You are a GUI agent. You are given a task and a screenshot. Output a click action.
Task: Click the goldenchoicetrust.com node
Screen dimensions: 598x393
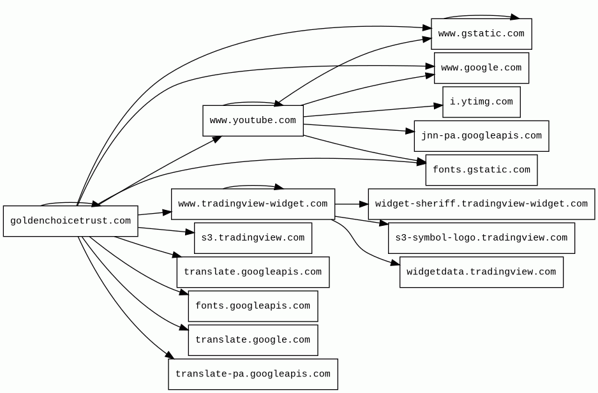71,221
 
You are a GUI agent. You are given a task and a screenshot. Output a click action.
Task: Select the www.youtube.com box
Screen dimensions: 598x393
253,121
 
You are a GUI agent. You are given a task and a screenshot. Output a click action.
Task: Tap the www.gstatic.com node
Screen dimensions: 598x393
481,34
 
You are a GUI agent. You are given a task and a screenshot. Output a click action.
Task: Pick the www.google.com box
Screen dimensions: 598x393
481,68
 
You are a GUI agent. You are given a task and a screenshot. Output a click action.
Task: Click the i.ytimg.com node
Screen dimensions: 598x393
481,102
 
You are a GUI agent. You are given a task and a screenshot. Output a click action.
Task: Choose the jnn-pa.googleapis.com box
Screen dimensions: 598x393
481,136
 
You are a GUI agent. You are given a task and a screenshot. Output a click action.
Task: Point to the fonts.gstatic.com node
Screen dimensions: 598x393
481,170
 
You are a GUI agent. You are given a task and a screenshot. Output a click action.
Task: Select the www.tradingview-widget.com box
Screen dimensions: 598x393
253,204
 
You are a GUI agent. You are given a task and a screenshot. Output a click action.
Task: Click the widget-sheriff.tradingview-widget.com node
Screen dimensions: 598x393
481,204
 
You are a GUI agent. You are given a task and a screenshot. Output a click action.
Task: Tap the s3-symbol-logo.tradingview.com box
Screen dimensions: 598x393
481,238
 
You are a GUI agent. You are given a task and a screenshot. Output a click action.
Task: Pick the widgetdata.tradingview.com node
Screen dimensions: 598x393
481,272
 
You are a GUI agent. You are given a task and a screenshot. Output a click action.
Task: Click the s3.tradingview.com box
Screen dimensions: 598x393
253,238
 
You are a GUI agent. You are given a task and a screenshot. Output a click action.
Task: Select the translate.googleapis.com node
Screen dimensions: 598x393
253,272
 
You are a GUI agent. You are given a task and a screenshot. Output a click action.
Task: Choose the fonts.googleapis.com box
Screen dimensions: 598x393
253,306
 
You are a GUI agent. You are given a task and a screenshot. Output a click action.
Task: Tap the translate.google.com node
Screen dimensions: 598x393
253,340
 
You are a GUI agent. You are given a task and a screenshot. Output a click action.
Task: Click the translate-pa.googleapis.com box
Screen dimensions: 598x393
253,374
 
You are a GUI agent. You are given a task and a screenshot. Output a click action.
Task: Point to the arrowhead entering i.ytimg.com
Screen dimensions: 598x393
438,106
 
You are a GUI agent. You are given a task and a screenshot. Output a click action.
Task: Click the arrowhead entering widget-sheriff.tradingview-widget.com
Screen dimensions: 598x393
364,204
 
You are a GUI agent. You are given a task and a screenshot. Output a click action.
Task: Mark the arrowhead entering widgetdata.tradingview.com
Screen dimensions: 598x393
396,262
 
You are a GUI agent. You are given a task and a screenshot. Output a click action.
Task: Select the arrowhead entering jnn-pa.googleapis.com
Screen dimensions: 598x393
410,131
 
